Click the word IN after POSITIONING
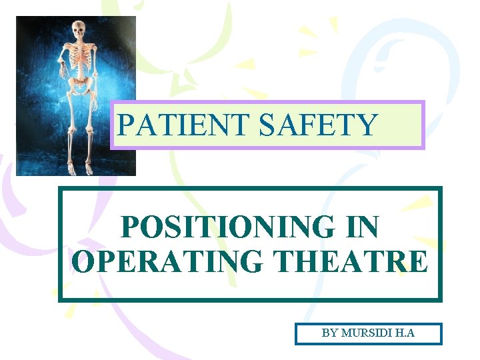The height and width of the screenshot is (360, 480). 362,229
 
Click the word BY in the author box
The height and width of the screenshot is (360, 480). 329,333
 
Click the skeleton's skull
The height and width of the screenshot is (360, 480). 79,29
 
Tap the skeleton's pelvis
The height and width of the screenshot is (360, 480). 80,85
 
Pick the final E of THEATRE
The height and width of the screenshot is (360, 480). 417,262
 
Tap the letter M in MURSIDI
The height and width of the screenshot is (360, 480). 347,333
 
